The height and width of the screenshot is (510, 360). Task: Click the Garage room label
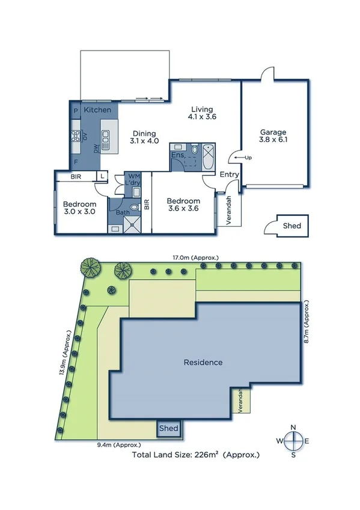[273, 132]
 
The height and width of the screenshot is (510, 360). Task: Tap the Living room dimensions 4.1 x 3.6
[203, 118]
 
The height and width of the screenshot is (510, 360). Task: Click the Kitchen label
[97, 110]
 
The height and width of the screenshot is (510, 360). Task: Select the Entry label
[229, 175]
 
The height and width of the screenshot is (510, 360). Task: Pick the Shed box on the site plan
[169, 428]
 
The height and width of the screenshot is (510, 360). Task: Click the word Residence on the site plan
[203, 362]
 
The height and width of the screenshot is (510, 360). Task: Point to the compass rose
[293, 441]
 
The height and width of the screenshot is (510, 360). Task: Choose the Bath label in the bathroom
[122, 212]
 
